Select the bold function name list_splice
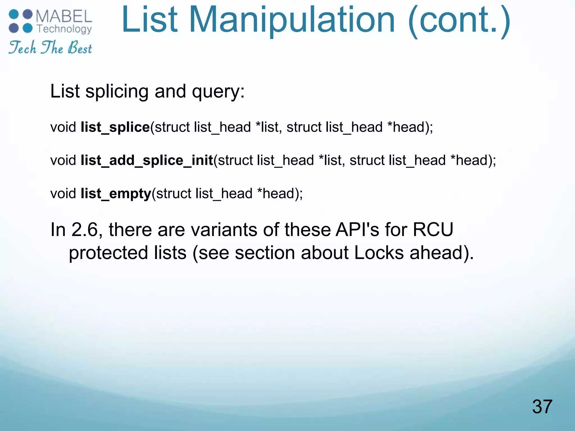click(x=115, y=127)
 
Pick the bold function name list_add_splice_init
click(x=147, y=161)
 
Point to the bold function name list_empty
click(x=116, y=194)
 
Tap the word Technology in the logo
click(x=64, y=29)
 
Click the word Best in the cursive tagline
click(x=80, y=48)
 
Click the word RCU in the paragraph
click(x=433, y=230)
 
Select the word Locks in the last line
click(x=379, y=253)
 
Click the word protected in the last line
click(x=108, y=253)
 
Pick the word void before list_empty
click(x=63, y=194)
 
